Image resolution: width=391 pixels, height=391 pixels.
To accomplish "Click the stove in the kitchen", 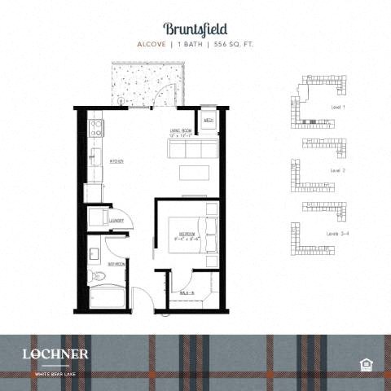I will pyautogui.click(x=94, y=127).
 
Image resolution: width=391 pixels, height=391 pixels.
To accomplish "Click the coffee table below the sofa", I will pyautogui.click(x=194, y=172).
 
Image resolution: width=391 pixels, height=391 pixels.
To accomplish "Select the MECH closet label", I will pyautogui.click(x=209, y=119).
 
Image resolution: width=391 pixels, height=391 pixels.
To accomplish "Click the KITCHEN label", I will pyautogui.click(x=116, y=161).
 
